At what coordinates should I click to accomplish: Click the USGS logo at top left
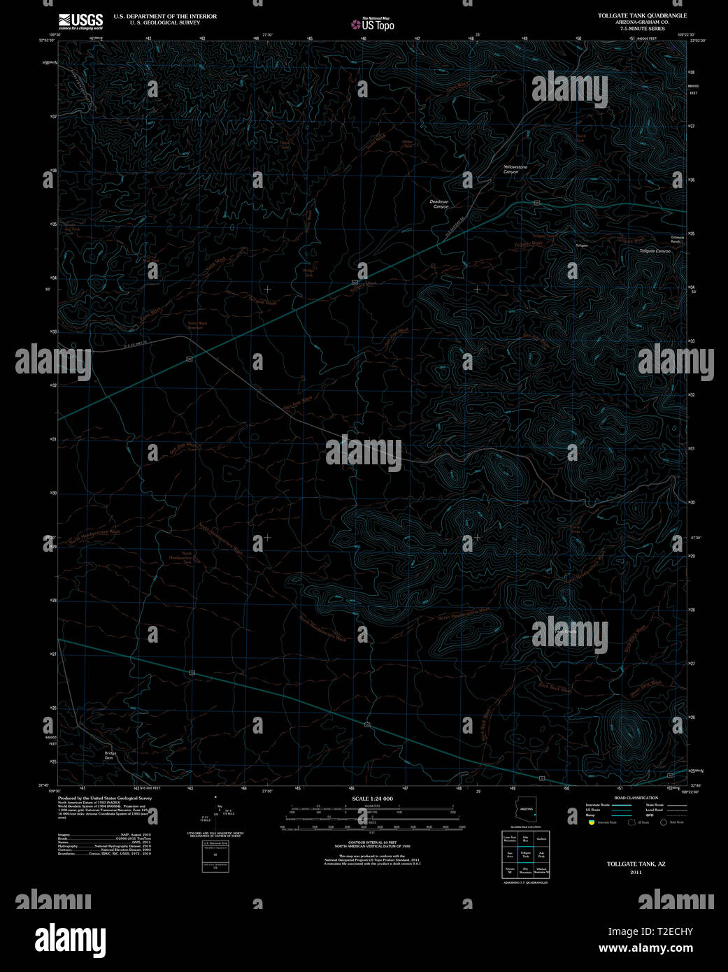coord(80,20)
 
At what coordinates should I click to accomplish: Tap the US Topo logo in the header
coord(373,24)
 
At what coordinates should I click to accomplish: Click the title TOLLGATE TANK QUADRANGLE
coord(642,15)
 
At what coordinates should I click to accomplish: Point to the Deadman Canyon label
coord(439,203)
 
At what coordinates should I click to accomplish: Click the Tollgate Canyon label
coord(655,251)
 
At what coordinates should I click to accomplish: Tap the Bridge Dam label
coord(109,755)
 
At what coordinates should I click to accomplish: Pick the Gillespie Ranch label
coord(678,238)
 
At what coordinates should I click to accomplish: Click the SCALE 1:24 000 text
coord(372,799)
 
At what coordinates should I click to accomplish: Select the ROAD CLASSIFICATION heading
coord(636,798)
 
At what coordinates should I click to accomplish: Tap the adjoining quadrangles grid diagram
coord(525,854)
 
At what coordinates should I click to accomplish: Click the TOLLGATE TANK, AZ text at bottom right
coord(636,864)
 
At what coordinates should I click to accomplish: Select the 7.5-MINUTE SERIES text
coord(642,28)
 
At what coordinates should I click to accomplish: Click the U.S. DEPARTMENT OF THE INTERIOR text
coord(165,16)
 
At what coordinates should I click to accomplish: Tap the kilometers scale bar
coord(372,808)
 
